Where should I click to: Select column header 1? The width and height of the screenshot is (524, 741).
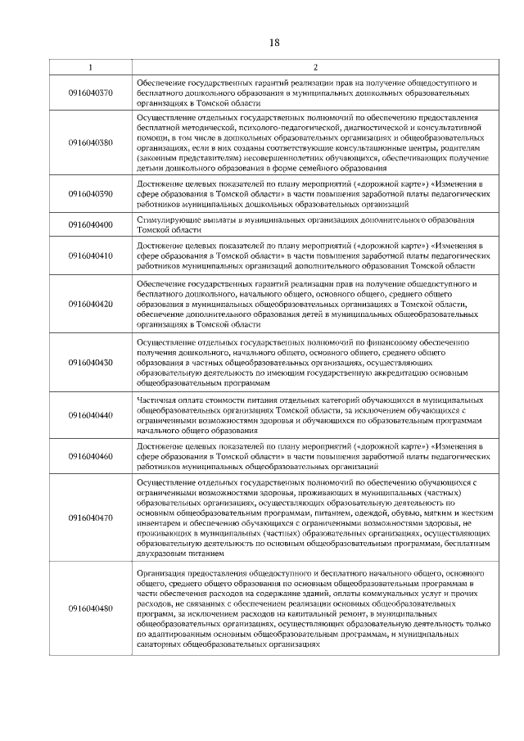pos(90,66)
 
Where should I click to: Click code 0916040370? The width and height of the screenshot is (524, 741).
pos(90,93)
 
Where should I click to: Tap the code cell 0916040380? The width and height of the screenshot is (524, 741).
pos(90,142)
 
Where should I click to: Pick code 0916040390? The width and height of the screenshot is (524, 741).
pos(90,194)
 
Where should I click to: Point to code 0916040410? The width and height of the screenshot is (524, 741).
pos(90,255)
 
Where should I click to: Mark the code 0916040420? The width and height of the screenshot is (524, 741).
pos(90,304)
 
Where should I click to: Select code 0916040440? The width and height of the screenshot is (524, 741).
pos(90,415)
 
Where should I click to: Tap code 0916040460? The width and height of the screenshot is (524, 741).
pos(90,456)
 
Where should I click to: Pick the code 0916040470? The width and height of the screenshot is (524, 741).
pos(90,517)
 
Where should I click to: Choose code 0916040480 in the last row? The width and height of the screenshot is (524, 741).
pos(90,608)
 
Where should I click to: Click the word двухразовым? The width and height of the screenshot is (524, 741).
pos(163,553)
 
